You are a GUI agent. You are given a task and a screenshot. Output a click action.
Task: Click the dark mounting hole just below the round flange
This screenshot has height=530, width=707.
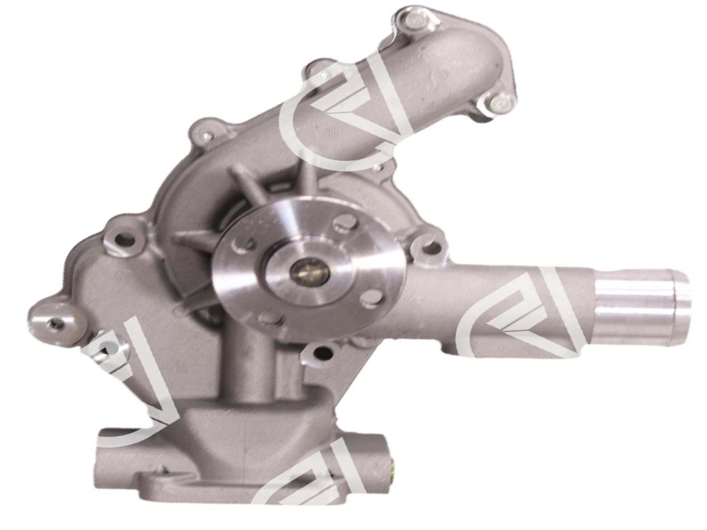click(x=323, y=352)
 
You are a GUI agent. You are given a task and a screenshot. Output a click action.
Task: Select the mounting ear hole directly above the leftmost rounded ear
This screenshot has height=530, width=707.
click(x=124, y=241)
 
